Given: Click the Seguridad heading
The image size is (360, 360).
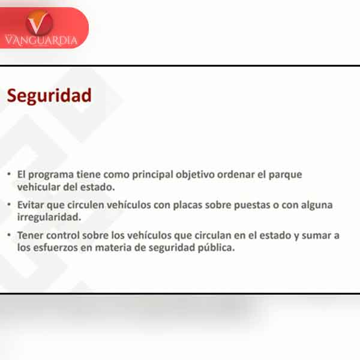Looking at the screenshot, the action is click(49, 96).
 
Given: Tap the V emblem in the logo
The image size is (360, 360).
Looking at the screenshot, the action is click(40, 23).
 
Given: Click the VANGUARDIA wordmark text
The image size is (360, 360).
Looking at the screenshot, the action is click(41, 41).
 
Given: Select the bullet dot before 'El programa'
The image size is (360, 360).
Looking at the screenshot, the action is click(9, 174).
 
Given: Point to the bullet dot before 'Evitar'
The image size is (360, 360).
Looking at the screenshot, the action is click(9, 204).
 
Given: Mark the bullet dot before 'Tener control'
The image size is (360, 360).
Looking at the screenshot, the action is click(9, 235).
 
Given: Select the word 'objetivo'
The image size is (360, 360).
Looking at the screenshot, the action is click(195, 175).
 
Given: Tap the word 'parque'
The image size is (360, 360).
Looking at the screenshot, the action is click(285, 175).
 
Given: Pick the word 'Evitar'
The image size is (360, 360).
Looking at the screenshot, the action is click(31, 205).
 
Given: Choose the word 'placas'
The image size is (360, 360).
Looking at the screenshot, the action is click(188, 205).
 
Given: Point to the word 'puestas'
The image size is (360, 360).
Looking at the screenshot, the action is click(252, 205).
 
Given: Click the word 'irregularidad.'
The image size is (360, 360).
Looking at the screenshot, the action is click(49, 217).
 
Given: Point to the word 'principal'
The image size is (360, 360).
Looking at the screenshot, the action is click(152, 175).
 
